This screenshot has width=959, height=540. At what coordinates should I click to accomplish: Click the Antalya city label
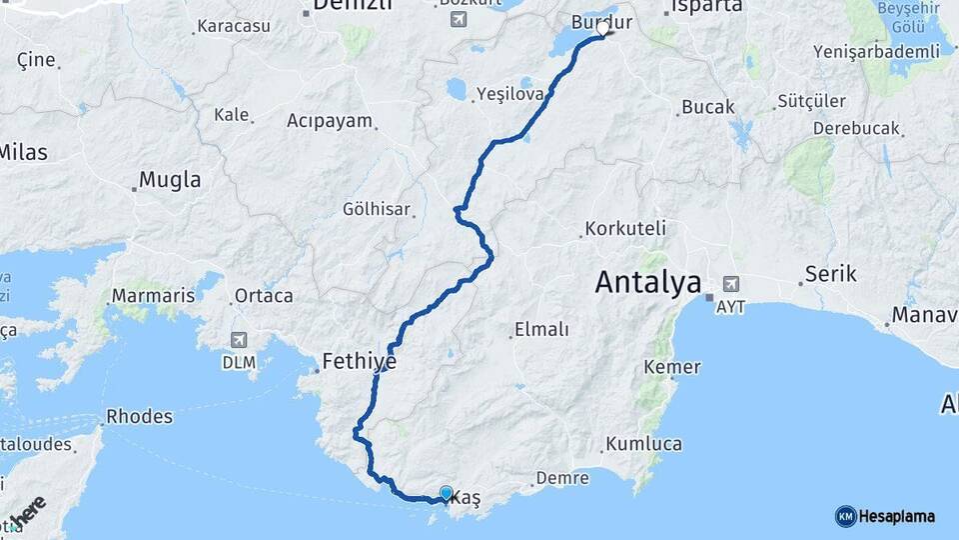point(648,282)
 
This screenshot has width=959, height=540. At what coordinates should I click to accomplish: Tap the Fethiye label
point(359,361)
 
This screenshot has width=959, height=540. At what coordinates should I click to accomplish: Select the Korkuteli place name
point(625,228)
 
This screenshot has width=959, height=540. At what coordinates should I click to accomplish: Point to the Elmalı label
point(540,329)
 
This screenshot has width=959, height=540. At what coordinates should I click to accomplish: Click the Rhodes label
point(139,416)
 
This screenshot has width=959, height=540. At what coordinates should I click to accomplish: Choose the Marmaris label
point(153,296)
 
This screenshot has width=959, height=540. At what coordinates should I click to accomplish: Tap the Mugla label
point(169,180)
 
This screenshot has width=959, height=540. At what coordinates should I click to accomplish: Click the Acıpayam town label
point(330,121)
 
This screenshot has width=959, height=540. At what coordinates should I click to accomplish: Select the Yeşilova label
point(509,93)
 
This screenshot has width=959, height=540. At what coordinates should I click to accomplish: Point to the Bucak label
point(707,107)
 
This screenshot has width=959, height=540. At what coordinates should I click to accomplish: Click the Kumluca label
point(643,444)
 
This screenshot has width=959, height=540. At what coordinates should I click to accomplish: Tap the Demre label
point(562,478)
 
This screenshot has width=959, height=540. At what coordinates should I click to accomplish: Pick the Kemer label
point(672,367)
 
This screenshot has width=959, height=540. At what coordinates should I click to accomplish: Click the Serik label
point(830,274)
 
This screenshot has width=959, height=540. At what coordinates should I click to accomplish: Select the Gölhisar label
point(377,209)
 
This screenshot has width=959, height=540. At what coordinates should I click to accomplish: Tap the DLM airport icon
point(239,340)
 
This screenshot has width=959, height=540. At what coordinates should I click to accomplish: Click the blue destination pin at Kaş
point(446,493)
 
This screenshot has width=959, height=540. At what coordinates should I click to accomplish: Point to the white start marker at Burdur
point(603,29)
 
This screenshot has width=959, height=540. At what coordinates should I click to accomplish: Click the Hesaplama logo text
point(896,516)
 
